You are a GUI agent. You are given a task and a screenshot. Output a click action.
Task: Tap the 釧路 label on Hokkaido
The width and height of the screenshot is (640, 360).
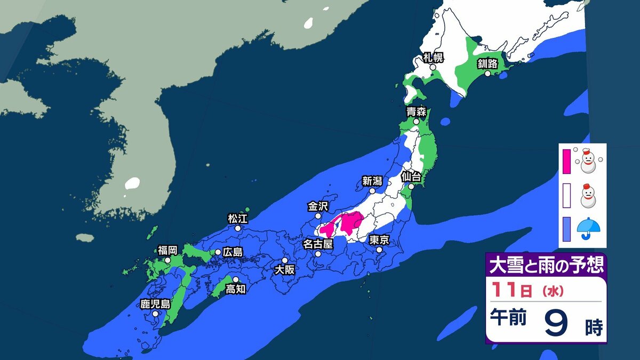[487, 64]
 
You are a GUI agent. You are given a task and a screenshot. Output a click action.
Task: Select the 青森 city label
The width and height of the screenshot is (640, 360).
[415, 112]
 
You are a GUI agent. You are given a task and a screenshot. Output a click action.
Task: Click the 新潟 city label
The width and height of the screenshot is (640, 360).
[372, 181]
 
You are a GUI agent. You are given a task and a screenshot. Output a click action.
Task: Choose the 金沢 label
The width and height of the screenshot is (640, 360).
[318, 206]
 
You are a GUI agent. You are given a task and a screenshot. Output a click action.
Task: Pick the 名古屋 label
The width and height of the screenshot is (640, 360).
[318, 244]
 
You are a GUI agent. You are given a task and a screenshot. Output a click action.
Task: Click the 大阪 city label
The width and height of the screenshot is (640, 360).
[284, 270]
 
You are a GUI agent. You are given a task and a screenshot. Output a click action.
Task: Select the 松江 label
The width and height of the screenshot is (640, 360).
[237, 218]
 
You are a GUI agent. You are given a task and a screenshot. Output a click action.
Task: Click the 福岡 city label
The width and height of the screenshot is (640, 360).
[167, 250]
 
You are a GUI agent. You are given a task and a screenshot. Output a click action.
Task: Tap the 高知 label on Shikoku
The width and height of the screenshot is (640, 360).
[235, 289]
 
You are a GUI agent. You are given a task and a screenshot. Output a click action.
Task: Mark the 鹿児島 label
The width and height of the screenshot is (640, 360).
[155, 304]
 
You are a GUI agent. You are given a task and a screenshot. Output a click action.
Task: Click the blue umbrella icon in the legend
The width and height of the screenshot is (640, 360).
[588, 228]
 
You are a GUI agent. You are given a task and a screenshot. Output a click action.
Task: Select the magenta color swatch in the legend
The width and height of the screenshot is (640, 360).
[566, 161]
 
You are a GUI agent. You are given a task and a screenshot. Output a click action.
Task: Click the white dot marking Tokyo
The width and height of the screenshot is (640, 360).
[379, 250]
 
